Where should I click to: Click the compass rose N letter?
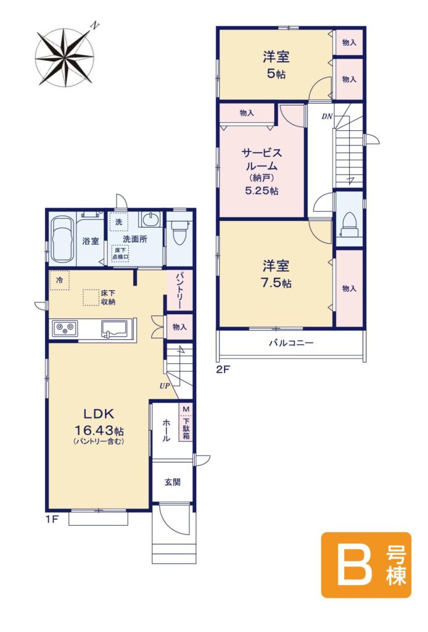(94, 27)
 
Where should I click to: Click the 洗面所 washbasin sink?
(150, 220)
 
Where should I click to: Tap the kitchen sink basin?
(115, 328)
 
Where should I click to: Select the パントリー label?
(179, 290)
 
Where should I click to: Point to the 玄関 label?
(172, 482)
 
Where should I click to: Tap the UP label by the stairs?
(164, 386)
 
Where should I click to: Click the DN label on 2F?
(327, 117)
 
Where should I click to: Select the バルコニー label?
(291, 343)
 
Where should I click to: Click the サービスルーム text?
(261, 159)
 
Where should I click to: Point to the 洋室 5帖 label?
(276, 65)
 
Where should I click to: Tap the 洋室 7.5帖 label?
(276, 274)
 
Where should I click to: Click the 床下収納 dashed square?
(91, 297)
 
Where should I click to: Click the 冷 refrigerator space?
(60, 280)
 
